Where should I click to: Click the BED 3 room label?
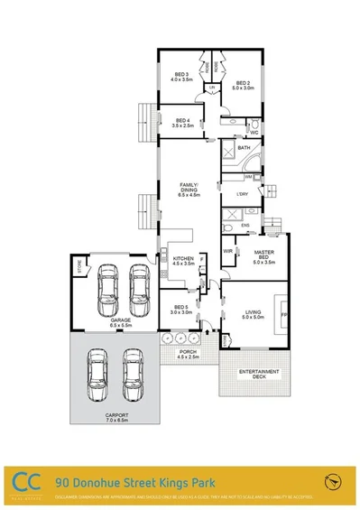tap(177, 77)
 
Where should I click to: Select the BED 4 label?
tap(183, 122)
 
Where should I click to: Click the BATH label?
tap(244, 147)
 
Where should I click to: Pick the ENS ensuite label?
tap(244, 227)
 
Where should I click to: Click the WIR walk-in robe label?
tap(228, 251)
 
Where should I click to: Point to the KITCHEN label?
tap(183, 262)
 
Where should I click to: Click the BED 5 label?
tap(180, 309)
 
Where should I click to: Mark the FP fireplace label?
tap(283, 314)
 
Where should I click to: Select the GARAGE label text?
tap(116, 321)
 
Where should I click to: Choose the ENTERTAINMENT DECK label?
tap(259, 375)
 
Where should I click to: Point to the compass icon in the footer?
tap(335, 481)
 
